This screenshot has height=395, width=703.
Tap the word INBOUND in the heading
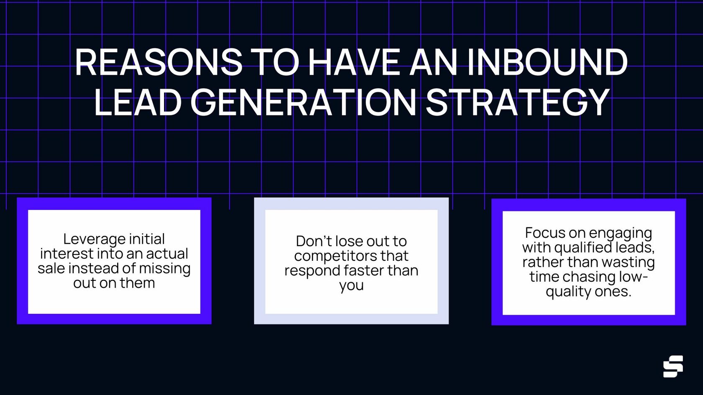[x=547, y=62]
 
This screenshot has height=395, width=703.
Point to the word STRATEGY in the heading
[x=518, y=102]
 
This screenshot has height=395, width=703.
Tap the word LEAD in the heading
[x=138, y=102]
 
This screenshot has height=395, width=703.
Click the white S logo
[x=673, y=366]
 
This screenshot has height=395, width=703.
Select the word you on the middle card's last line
[x=351, y=285]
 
